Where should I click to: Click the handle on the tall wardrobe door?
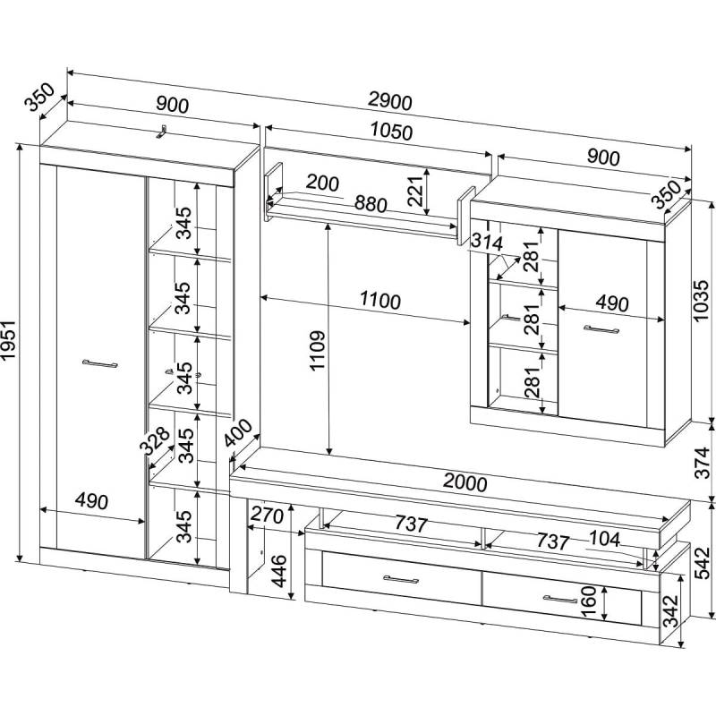[99, 363]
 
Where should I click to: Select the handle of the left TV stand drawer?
[401, 579]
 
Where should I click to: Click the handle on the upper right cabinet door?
[602, 330]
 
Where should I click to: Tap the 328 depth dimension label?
[156, 441]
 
